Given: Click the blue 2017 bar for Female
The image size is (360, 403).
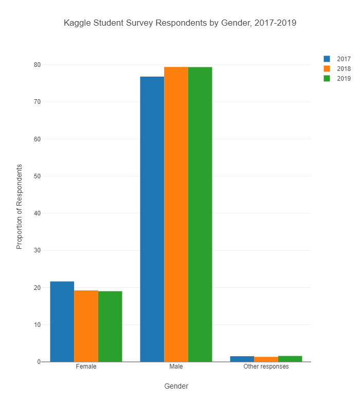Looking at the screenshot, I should click(62, 321).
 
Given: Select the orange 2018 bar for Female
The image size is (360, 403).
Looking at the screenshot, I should click(86, 326).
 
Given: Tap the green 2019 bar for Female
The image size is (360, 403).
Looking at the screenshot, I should click(110, 326).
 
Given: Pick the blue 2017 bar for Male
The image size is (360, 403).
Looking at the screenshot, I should click(152, 219).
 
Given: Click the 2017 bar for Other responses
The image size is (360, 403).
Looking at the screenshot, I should click(242, 359).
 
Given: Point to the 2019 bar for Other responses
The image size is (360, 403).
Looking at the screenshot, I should click(290, 359).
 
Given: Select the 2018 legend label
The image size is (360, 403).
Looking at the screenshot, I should click(344, 69).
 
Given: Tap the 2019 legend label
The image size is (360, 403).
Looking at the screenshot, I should click(344, 79).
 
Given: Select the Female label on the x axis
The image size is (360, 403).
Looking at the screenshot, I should click(86, 367).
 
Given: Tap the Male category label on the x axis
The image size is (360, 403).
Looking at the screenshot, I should click(176, 367).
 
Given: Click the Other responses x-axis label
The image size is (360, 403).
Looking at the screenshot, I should click(266, 367).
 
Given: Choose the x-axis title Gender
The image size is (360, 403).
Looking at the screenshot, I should click(176, 386).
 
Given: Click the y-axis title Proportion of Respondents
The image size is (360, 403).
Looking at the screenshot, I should click(20, 207).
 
